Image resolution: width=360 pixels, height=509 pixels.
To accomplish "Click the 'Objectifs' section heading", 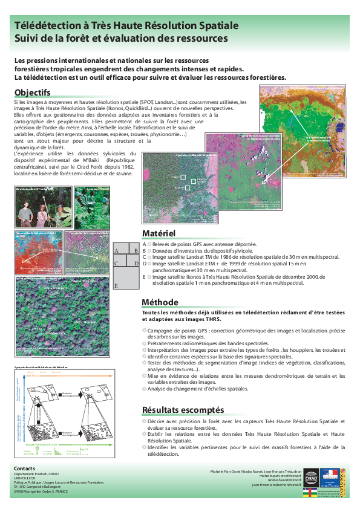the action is click(32, 92).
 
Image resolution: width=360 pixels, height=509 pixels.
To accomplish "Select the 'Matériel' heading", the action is click(159, 233).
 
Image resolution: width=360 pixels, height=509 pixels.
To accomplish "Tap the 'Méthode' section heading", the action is click(160, 302).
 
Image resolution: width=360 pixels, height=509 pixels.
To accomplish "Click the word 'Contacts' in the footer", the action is click(25, 468).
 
